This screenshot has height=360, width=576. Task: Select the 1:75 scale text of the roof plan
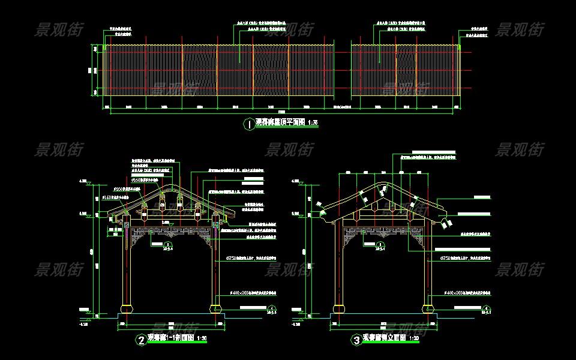coord(313,123)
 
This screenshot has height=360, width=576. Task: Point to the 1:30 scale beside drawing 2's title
coord(202,339)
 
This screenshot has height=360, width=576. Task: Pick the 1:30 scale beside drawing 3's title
coord(414,340)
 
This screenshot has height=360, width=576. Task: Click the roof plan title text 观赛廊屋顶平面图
coord(280,122)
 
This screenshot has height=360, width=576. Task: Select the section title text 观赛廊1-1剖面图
coord(170,338)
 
